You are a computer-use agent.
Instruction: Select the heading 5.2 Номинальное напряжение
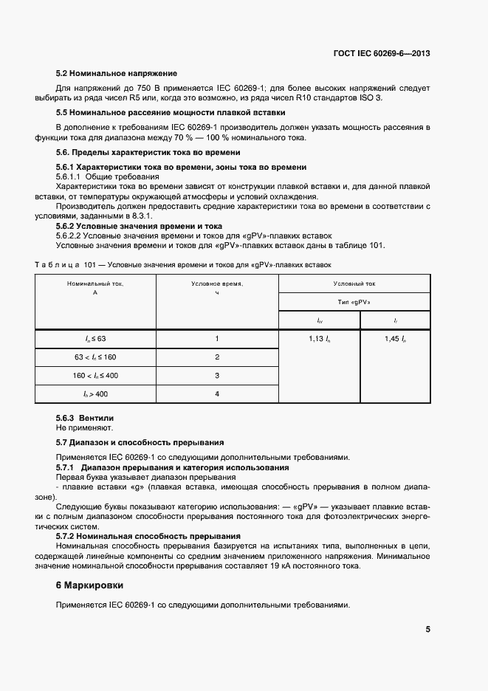click(x=117, y=74)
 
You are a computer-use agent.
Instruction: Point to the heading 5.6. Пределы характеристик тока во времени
click(x=148, y=152)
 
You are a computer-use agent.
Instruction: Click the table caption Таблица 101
click(x=184, y=264)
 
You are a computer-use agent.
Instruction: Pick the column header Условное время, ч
click(x=217, y=288)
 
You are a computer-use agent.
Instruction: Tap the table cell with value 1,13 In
click(x=319, y=338)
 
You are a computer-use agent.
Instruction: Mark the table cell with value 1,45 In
click(x=395, y=338)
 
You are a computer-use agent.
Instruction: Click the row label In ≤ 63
click(x=95, y=338)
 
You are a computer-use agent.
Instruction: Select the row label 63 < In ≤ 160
click(x=95, y=357)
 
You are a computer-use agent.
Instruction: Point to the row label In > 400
click(x=95, y=394)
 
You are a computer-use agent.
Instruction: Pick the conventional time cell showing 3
click(x=217, y=376)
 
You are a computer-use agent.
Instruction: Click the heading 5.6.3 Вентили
click(x=85, y=418)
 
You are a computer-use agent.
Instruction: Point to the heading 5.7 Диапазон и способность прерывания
click(x=140, y=442)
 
